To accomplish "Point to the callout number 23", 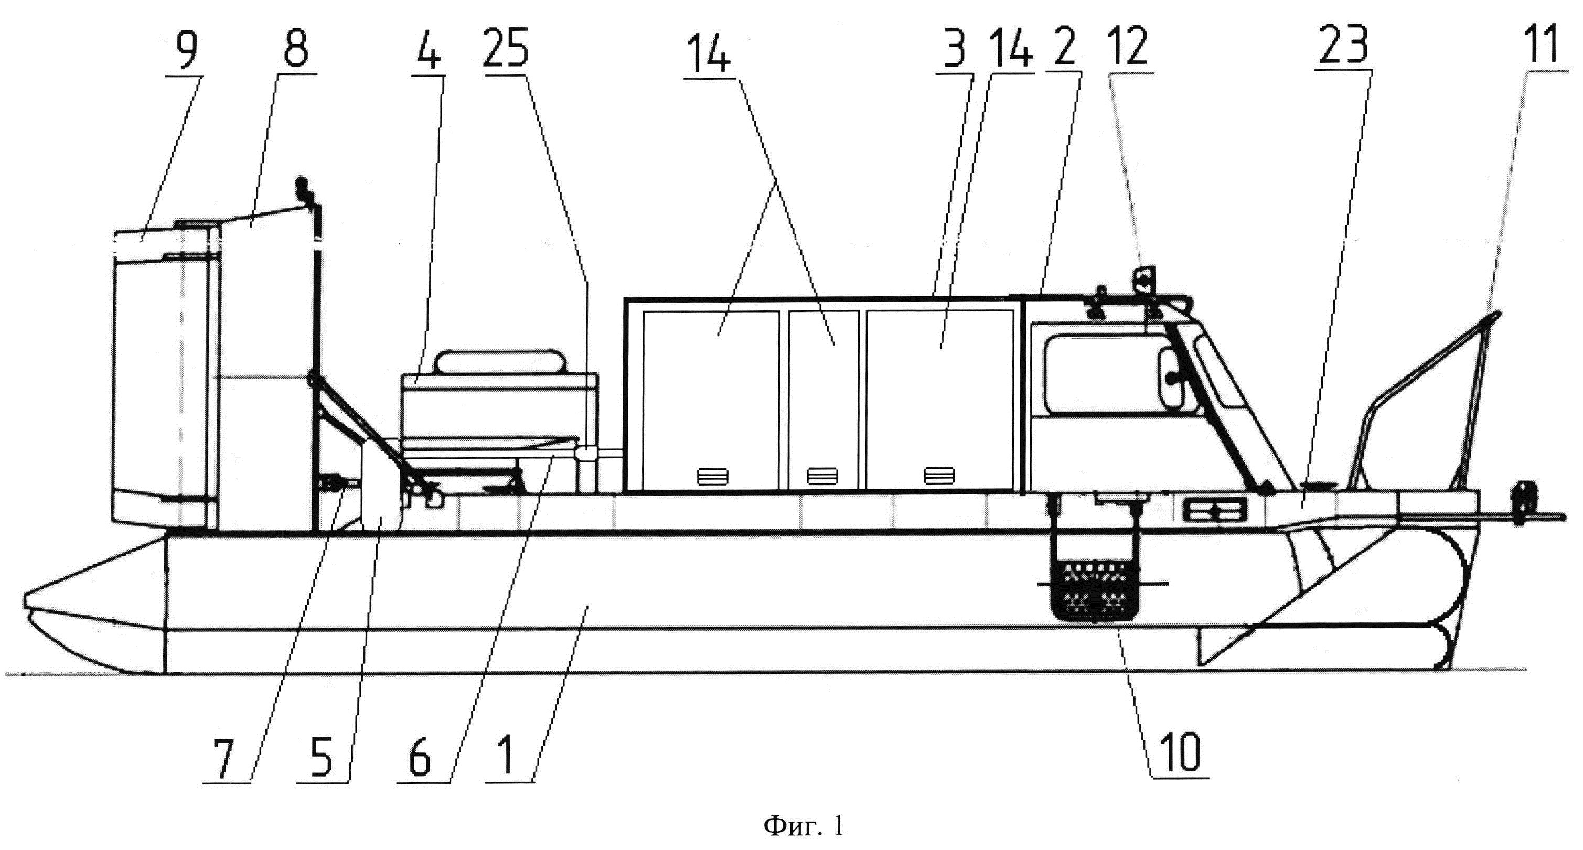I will pos(1343,47).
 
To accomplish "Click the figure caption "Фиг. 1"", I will pos(803,826).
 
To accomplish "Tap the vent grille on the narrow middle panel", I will pos(822,476).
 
